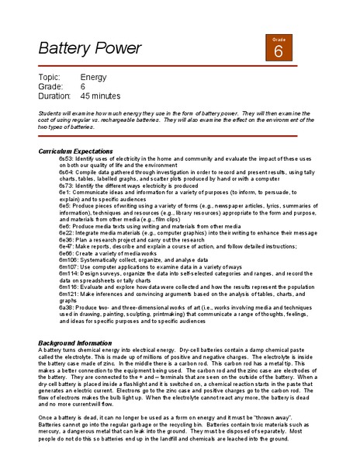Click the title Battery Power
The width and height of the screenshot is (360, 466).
click(x=90, y=48)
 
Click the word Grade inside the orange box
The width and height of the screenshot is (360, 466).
click(x=279, y=38)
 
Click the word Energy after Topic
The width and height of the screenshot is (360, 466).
click(x=94, y=78)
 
